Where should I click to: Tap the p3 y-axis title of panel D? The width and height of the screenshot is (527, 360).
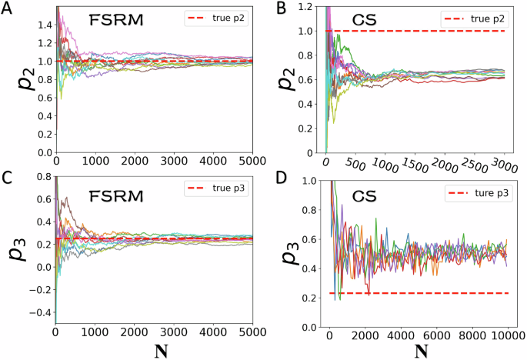tap(285, 255)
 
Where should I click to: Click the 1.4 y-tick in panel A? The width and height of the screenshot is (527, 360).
tap(43, 25)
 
